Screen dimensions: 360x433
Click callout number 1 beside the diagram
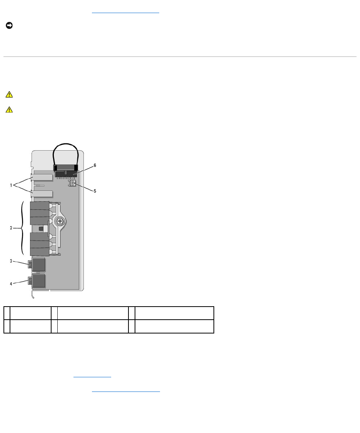[11, 185]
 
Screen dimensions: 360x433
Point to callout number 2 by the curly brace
[11, 228]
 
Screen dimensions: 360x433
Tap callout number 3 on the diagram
[11, 261]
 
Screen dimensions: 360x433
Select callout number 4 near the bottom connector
[11, 284]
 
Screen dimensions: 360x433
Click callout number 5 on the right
[95, 191]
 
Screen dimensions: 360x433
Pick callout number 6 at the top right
[95, 166]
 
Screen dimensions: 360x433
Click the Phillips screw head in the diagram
[60, 221]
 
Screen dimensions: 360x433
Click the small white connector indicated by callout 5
[72, 183]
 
